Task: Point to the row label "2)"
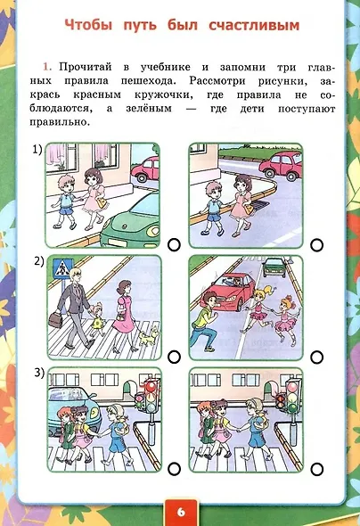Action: click(37, 262)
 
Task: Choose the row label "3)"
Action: click(37, 374)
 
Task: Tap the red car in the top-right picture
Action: click(285, 163)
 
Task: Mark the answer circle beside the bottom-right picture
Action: click(317, 467)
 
